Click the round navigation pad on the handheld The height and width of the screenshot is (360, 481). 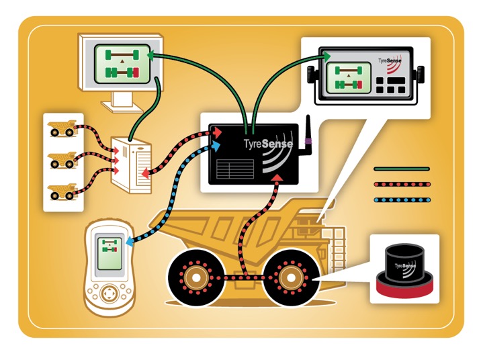108,294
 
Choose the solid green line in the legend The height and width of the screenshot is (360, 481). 401,169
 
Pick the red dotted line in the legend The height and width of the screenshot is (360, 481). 401,183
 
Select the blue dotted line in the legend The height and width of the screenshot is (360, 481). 401,199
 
